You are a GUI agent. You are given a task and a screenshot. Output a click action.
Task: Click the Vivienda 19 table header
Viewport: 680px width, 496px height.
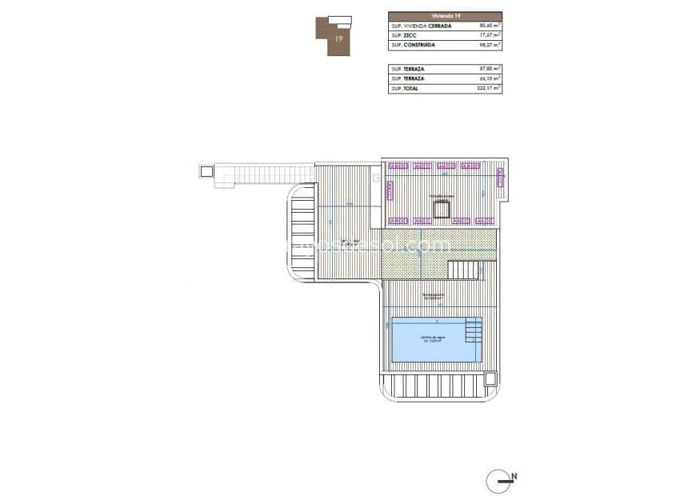tap(445, 15)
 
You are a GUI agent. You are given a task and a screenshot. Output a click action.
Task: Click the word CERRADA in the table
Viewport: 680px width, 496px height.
tap(439, 26)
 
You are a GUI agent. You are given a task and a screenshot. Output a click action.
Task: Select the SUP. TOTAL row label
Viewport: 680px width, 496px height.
tap(406, 89)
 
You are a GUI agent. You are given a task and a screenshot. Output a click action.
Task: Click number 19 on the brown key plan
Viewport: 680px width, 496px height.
tap(339, 38)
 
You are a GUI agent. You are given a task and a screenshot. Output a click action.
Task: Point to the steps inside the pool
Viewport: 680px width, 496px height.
tap(474, 329)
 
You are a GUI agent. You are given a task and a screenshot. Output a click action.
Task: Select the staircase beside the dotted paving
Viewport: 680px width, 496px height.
tap(462, 270)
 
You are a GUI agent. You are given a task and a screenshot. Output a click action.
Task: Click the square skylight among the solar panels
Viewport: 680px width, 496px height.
tap(441, 210)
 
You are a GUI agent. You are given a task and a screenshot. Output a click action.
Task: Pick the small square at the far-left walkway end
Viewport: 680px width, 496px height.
tap(206, 170)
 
